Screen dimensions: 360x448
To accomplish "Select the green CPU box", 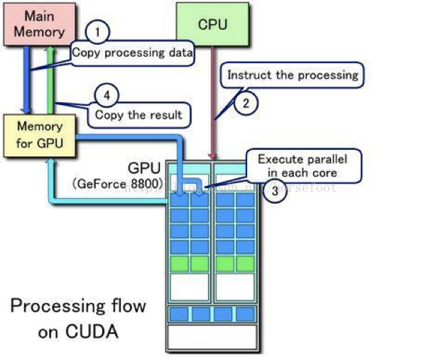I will click(212, 24).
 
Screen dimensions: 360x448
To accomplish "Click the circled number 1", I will click(98, 32).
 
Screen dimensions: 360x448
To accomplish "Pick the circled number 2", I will click(246, 104).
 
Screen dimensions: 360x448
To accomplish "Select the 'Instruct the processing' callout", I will click(293, 74).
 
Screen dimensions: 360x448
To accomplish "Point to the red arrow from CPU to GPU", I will click(211, 107).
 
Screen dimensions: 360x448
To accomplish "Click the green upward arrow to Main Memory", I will click(50, 78).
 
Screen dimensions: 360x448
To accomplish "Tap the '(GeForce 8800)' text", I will click(116, 184).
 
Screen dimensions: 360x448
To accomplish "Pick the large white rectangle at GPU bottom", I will click(212, 337).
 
